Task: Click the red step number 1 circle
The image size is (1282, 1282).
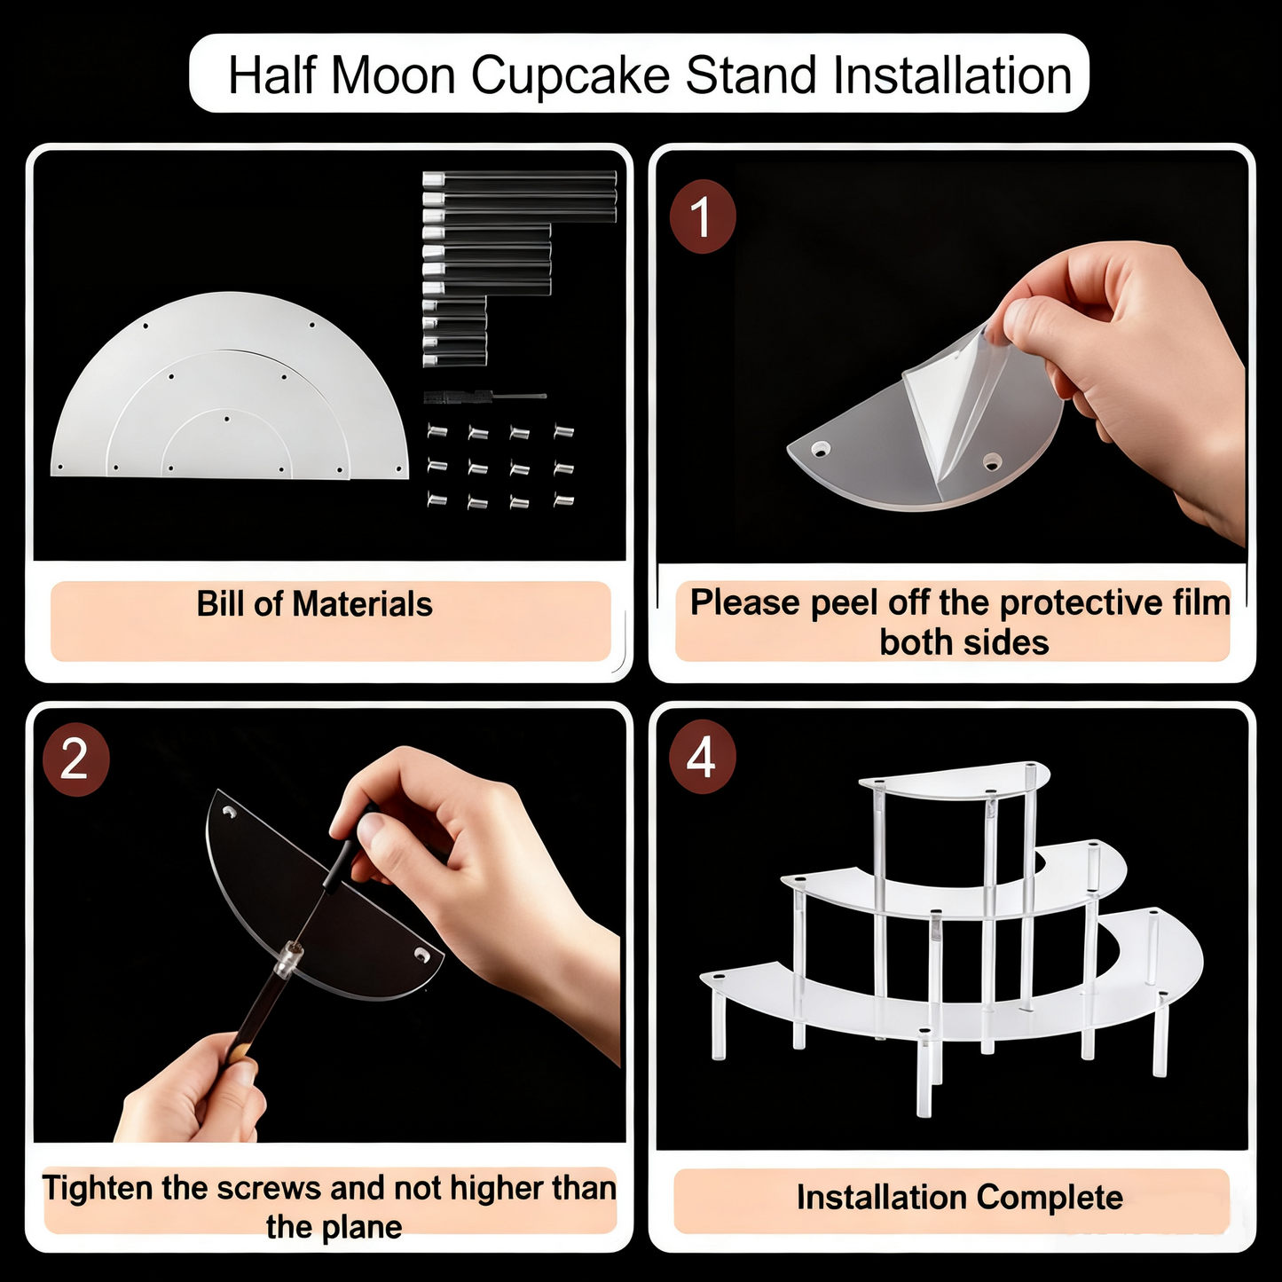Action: click(x=702, y=217)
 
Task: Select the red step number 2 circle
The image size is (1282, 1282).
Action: click(x=75, y=760)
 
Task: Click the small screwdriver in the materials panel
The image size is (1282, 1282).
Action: click(x=484, y=396)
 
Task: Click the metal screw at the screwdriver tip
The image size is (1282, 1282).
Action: click(x=288, y=959)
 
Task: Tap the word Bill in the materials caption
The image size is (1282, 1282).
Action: click(x=221, y=604)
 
